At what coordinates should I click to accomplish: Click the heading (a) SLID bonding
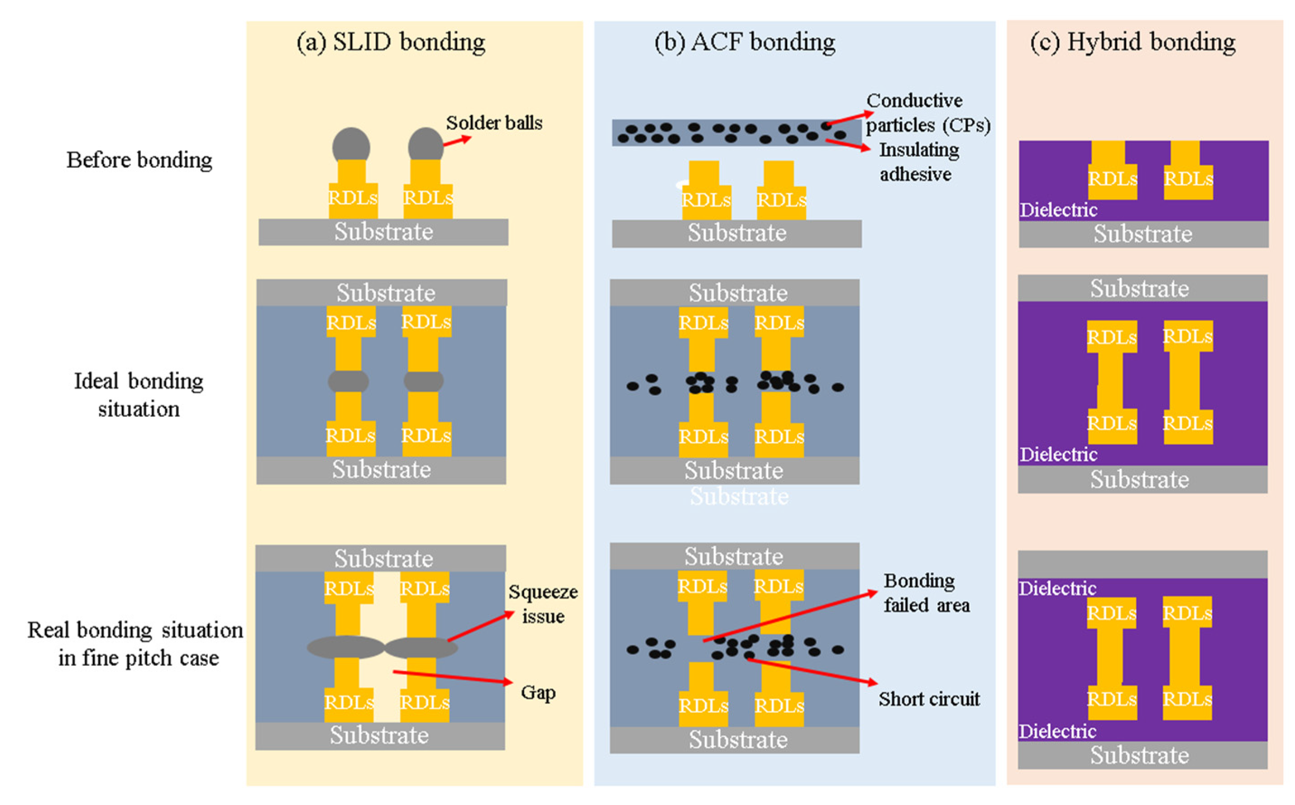pos(391,42)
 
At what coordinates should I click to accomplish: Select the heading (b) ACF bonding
pos(744,42)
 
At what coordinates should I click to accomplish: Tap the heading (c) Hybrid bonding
pos(1132,42)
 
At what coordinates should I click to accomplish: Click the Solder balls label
pos(494,123)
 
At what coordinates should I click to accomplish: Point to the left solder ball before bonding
pos(351,145)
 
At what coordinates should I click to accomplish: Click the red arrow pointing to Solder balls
pos(457,141)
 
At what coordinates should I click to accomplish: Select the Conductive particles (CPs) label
pos(927,113)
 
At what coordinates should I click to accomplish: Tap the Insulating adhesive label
pos(918,162)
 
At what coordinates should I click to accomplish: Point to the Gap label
pos(538,692)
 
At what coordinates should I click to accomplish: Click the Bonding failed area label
pos(926,593)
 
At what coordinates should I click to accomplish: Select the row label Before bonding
pos(139,160)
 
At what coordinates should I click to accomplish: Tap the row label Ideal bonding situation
pos(138,395)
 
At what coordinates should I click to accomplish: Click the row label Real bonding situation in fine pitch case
pos(135,644)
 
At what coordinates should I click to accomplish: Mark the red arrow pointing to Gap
pos(452,677)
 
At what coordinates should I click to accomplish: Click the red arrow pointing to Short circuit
pos(812,671)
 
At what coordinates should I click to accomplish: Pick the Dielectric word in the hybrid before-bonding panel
pos(1058,210)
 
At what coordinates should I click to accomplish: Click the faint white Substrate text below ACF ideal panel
pos(739,496)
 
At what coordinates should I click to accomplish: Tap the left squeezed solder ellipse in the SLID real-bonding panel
pos(346,647)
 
